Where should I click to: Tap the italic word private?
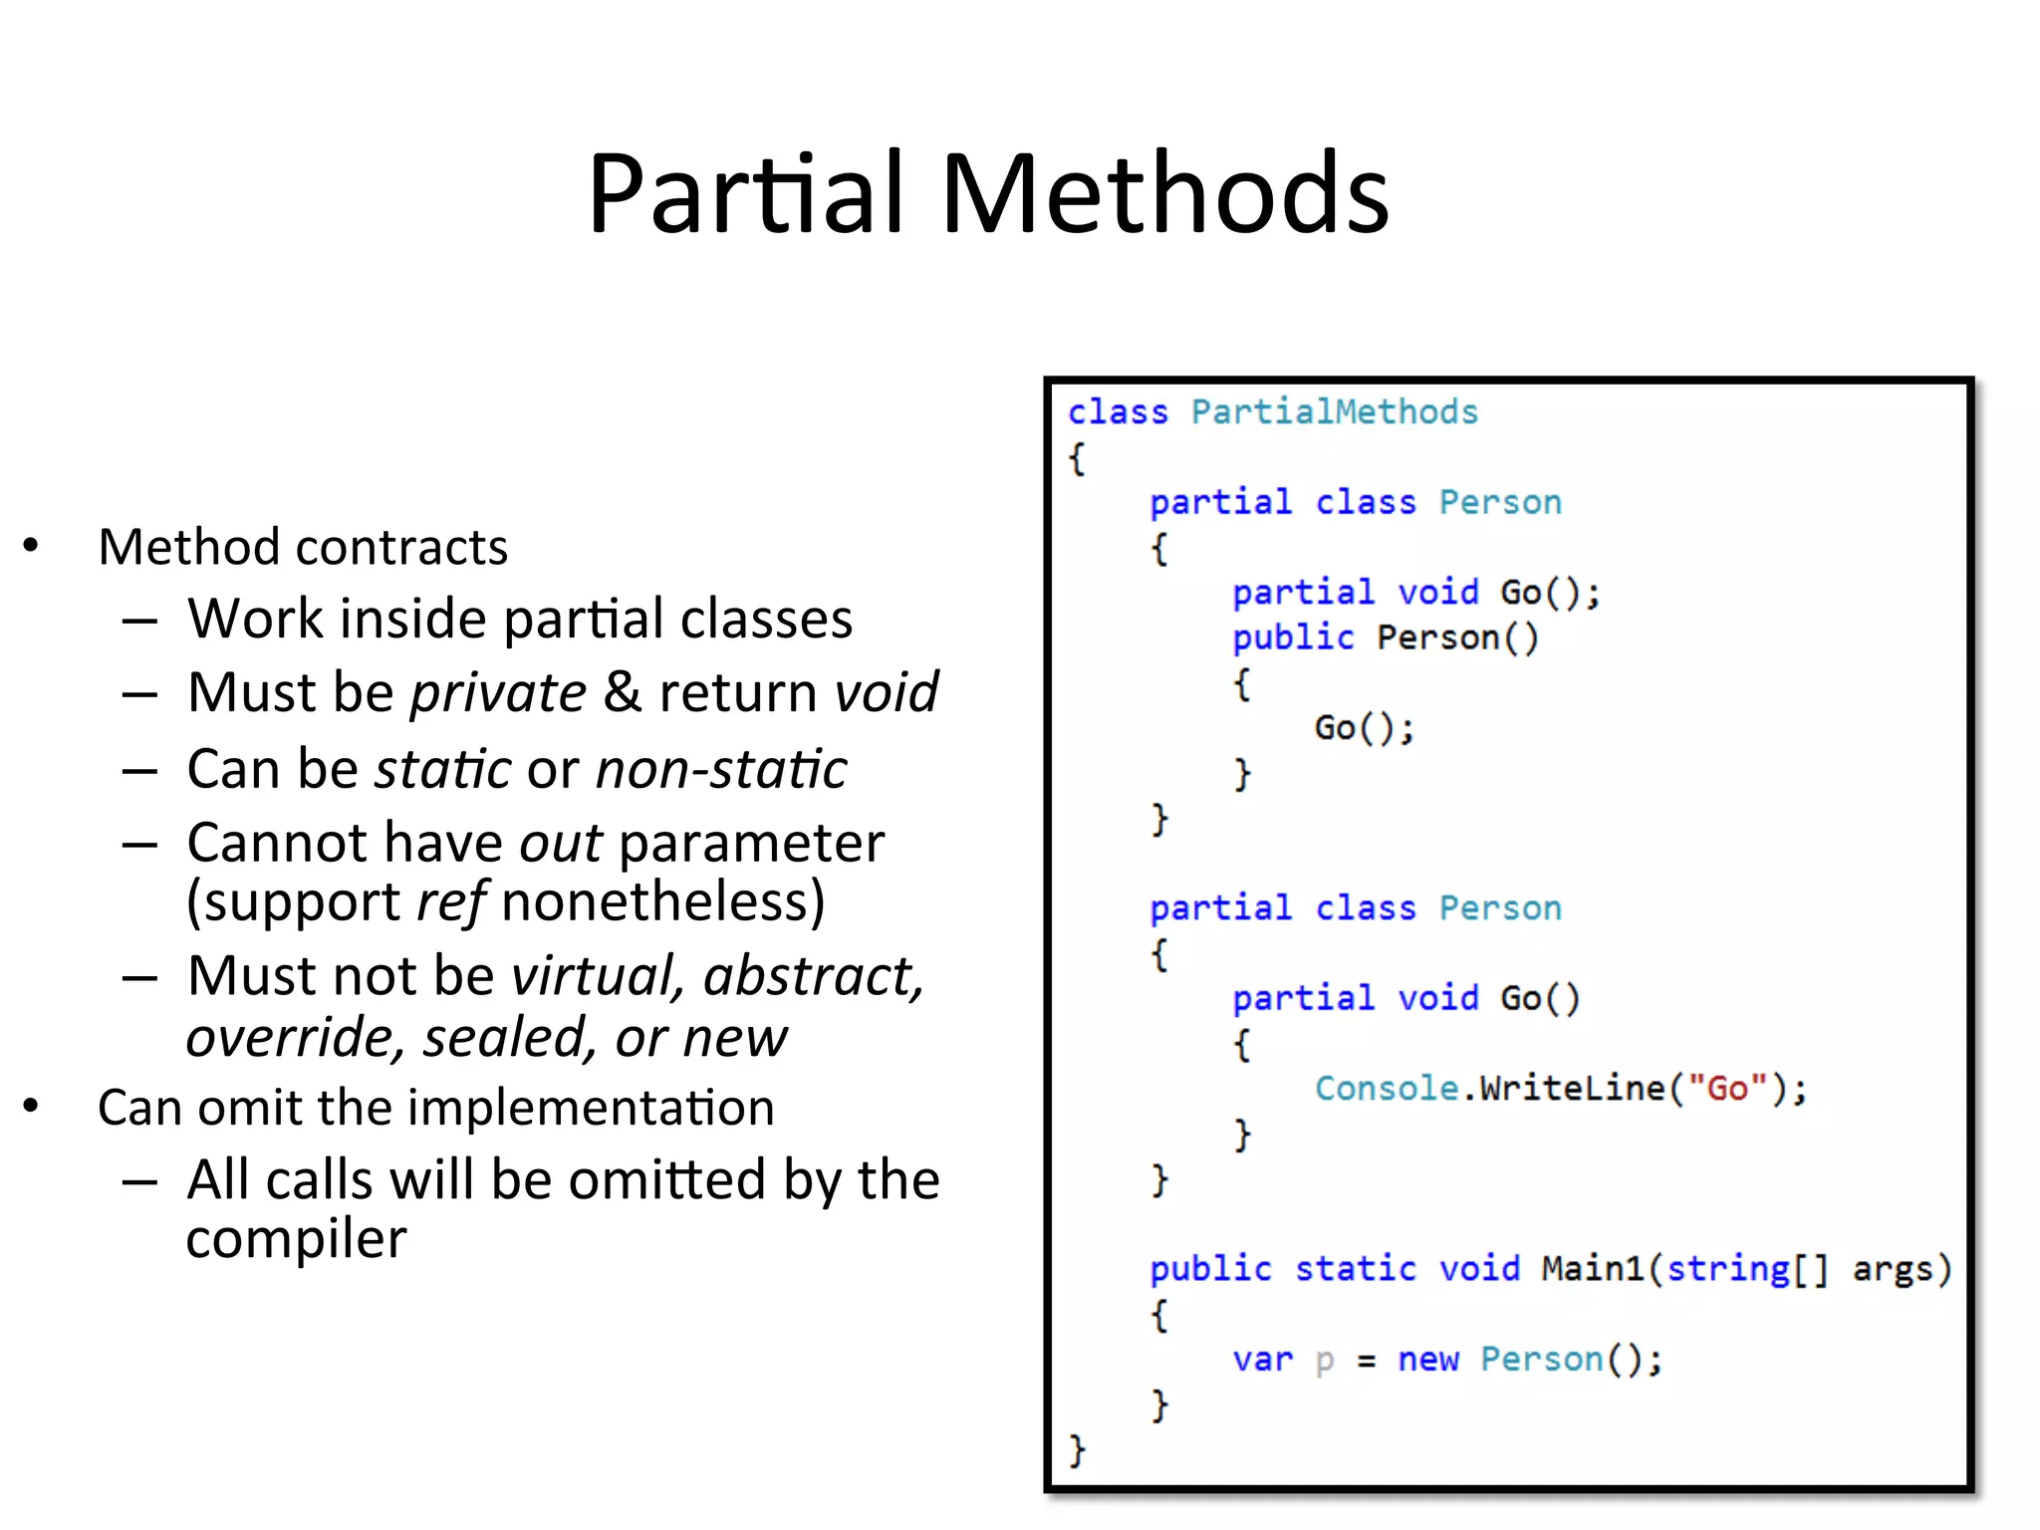coord(498,692)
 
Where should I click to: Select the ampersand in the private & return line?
coord(623,692)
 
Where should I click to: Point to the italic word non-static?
coord(721,769)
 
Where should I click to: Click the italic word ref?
coord(450,902)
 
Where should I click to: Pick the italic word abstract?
coord(813,975)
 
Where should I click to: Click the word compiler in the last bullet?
coord(296,1240)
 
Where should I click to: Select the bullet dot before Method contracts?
coord(31,546)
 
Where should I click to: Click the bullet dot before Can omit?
coord(31,1106)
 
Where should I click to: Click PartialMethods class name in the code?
coord(1334,411)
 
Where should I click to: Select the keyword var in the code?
coord(1262,1359)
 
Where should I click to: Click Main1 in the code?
coord(1592,1268)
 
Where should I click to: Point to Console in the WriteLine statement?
coord(1387,1088)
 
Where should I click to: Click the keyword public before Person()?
coord(1293,637)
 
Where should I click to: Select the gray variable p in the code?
coord(1324,1361)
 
